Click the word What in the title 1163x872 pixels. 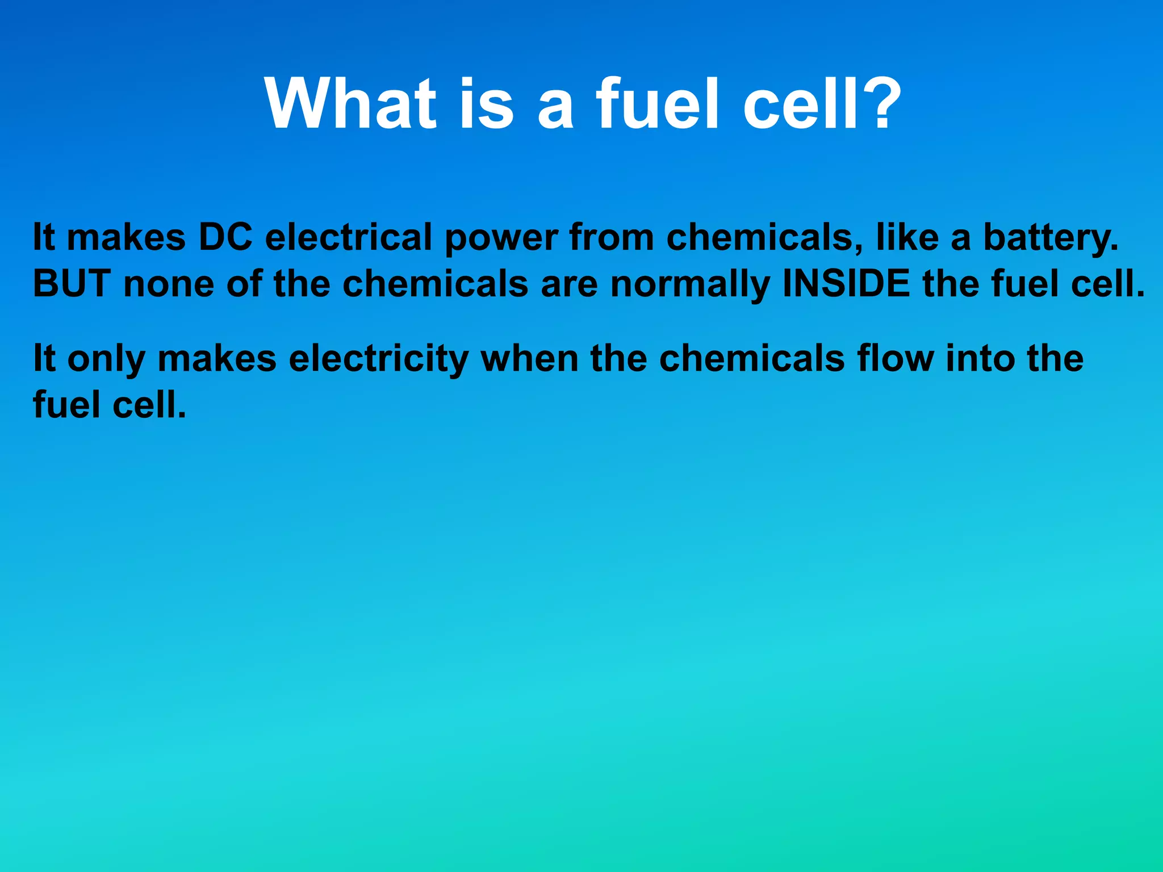(x=350, y=103)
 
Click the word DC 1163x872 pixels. (x=225, y=237)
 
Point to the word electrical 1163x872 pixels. (x=349, y=237)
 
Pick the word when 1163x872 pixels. (x=529, y=359)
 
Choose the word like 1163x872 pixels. (x=907, y=237)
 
